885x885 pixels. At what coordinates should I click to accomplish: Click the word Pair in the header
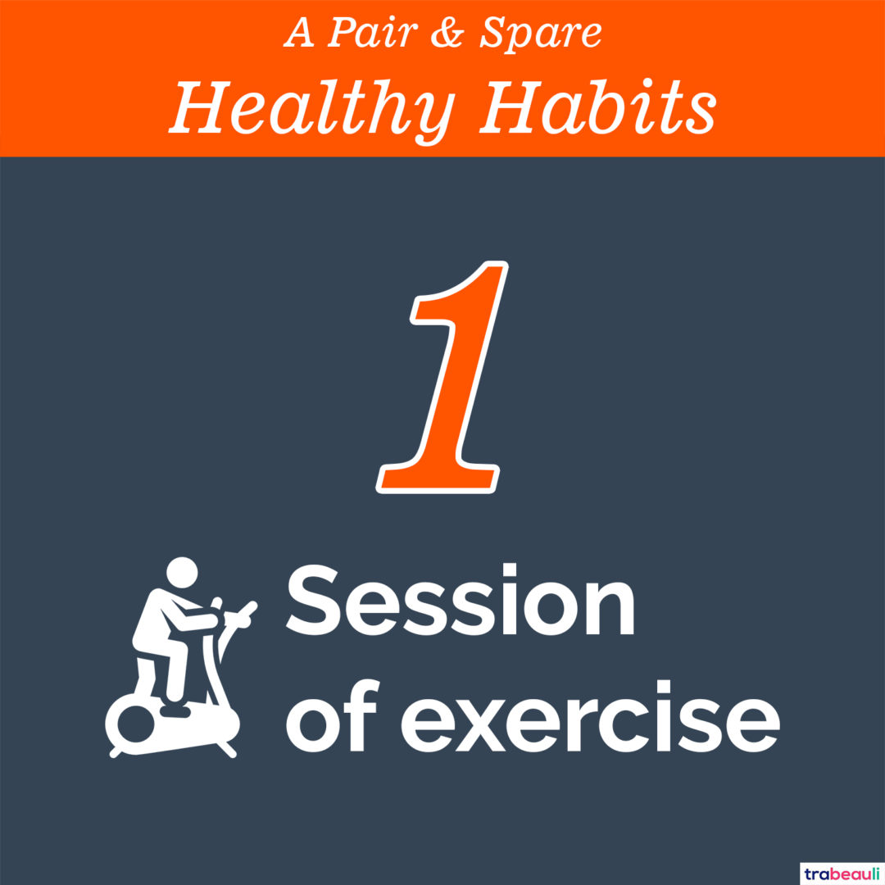(x=373, y=32)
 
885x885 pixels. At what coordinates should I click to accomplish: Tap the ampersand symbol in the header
(x=447, y=33)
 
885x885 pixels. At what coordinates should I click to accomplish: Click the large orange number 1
(x=442, y=377)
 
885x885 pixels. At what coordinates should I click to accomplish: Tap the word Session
(x=461, y=600)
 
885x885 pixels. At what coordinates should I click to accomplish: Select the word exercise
(x=590, y=715)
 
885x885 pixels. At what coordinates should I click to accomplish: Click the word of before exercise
(x=331, y=715)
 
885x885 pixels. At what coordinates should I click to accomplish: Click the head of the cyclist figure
(x=182, y=572)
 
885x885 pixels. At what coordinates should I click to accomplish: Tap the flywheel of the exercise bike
(x=135, y=724)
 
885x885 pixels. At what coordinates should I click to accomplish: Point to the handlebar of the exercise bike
(x=238, y=615)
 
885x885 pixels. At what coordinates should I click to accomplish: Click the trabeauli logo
(x=842, y=874)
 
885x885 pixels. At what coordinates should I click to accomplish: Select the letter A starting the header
(x=299, y=34)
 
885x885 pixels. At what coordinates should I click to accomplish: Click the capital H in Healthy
(x=202, y=107)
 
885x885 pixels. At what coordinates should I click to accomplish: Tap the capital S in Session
(x=312, y=600)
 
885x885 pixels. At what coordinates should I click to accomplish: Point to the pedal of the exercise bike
(x=175, y=710)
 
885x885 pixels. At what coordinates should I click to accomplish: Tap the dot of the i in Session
(x=510, y=571)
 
